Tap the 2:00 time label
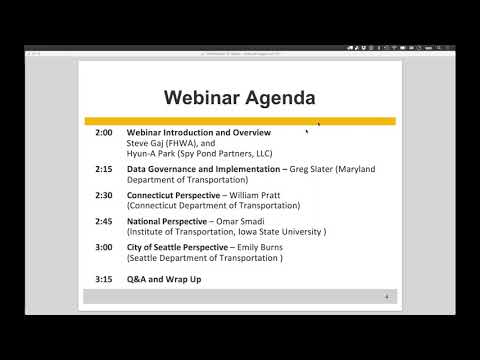click(x=104, y=132)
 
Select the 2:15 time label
click(x=104, y=169)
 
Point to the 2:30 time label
click(x=104, y=195)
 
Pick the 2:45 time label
click(x=104, y=220)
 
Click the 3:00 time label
click(x=104, y=247)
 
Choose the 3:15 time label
click(x=104, y=279)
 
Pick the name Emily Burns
click(x=258, y=247)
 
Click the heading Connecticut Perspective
click(x=174, y=195)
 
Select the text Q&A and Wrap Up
click(x=164, y=279)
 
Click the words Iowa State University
click(x=285, y=231)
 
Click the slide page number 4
click(x=387, y=296)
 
